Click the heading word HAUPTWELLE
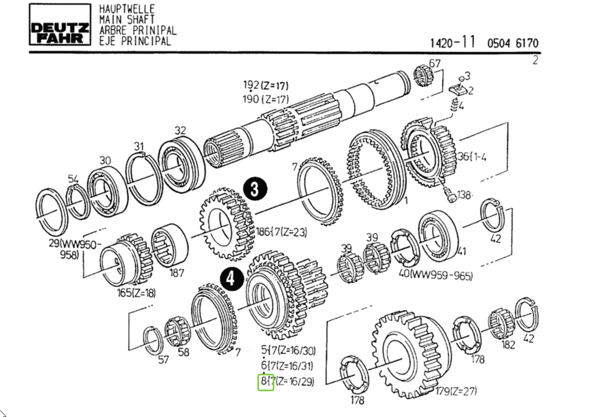tap(126, 9)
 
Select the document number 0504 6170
tap(512, 43)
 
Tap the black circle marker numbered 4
tap(231, 279)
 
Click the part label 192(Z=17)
tap(265, 85)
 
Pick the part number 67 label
tap(435, 63)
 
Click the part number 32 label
tap(180, 131)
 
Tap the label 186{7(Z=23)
tap(281, 233)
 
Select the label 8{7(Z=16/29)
tap(287, 382)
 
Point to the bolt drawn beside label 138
tap(450, 196)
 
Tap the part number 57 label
tap(163, 359)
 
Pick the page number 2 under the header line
tap(535, 60)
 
